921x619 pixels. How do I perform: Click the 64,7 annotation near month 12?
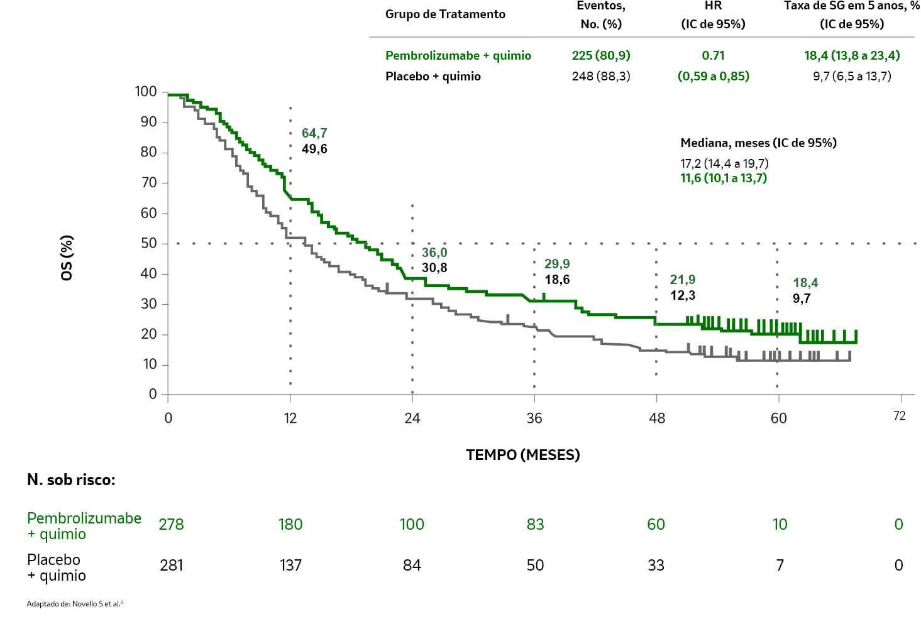tap(314, 133)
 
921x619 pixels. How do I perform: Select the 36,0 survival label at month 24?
tap(434, 253)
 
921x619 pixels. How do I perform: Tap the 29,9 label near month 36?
tap(557, 264)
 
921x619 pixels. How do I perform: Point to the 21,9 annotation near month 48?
tap(683, 280)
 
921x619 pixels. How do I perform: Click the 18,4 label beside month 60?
tap(805, 283)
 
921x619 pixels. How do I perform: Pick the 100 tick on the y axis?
tap(146, 92)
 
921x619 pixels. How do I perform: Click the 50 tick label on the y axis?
tap(149, 243)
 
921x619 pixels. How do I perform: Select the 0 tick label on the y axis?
tap(153, 394)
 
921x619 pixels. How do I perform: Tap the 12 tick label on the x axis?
tap(290, 419)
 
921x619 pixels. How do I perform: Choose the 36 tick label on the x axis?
tap(534, 419)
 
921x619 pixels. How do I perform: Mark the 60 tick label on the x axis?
tap(778, 419)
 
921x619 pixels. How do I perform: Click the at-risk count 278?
tap(171, 525)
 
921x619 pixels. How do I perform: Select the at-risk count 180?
tap(290, 525)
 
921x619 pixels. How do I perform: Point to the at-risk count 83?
tap(535, 525)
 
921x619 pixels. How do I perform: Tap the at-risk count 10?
tap(780, 525)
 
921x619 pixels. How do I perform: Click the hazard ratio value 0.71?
tap(714, 55)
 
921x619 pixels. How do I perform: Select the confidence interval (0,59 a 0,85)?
tap(714, 76)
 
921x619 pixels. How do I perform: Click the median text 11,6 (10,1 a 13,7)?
tap(724, 178)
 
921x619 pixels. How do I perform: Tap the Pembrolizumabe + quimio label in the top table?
tap(458, 56)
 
